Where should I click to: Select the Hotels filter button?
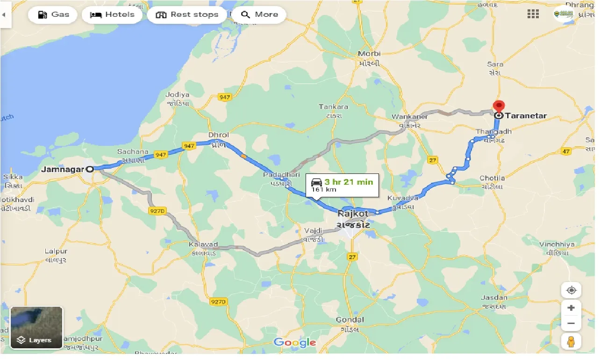pos(112,14)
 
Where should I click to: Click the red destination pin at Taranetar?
pos(499,107)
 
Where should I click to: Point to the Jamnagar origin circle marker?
pos(89,169)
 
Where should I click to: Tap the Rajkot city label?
pos(353,214)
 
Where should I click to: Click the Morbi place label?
pos(369,54)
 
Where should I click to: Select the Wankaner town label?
pos(410,116)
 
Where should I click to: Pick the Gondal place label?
pos(350,320)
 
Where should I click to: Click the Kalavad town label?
pos(204,245)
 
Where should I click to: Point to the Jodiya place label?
pos(178,94)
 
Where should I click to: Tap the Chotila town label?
pos(492,178)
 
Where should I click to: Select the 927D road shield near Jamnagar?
pos(157,211)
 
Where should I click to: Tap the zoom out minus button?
pos(571,324)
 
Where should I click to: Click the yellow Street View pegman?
pos(571,342)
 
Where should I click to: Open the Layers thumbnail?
pos(36,328)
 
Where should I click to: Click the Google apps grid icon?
pos(533,14)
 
